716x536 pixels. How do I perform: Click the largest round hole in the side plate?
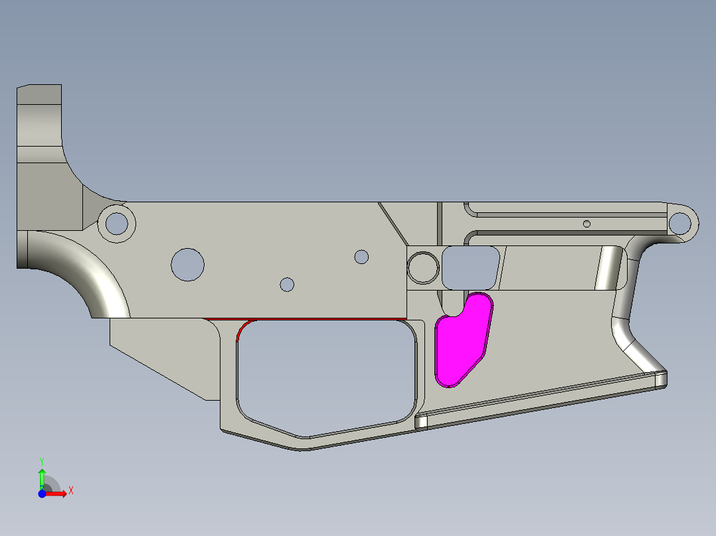[187, 264]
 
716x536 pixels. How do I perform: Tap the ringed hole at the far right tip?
[679, 223]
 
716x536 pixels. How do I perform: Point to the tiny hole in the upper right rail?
[586, 224]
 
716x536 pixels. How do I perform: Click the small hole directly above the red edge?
[287, 284]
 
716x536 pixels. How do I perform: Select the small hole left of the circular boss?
[361, 256]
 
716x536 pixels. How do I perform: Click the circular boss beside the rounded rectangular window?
[422, 267]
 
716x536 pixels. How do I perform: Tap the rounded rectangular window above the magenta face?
[470, 267]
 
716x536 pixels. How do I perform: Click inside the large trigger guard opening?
[325, 371]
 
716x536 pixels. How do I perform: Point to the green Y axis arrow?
[42, 476]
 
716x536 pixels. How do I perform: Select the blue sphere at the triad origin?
[42, 494]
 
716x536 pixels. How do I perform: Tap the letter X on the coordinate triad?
[70, 490]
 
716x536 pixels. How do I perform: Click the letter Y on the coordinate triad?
[41, 460]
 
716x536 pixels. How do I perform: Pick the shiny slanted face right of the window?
[608, 268]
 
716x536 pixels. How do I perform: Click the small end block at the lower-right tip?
[660, 379]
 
